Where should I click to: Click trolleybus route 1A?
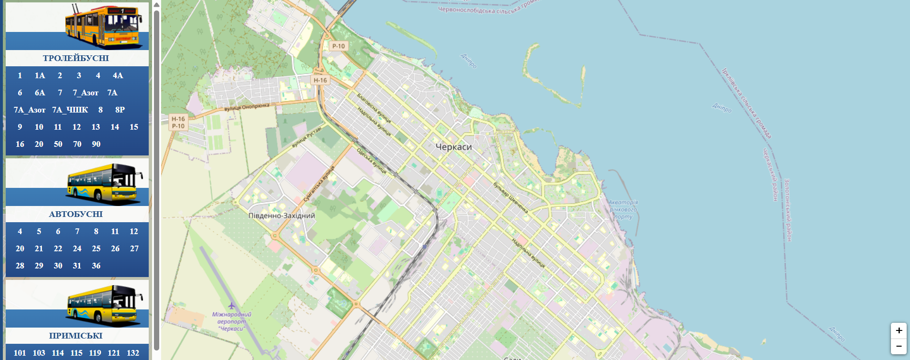click(x=40, y=75)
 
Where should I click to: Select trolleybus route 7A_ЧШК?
click(x=70, y=110)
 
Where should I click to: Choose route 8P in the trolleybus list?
click(x=120, y=110)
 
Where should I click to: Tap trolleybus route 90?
click(x=96, y=144)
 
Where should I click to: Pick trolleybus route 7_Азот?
click(x=85, y=93)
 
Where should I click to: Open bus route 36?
click(x=96, y=266)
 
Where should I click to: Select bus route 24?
click(x=77, y=248)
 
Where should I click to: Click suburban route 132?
click(x=133, y=353)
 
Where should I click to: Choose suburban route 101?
click(x=20, y=353)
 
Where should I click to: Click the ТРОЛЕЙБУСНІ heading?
click(x=76, y=58)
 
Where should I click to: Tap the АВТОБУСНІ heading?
click(x=76, y=214)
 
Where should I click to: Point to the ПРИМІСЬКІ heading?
click(x=76, y=336)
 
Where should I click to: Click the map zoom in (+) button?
click(x=899, y=330)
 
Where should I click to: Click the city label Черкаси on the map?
click(x=454, y=147)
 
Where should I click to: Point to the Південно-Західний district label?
click(x=282, y=216)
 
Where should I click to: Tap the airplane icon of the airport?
click(x=232, y=305)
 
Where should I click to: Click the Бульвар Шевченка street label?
click(x=511, y=197)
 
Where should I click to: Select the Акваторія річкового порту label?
click(x=623, y=209)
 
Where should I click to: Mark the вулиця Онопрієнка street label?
click(x=247, y=107)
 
